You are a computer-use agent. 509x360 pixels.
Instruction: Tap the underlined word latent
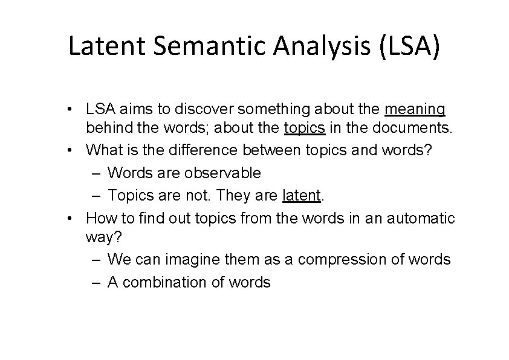click(301, 195)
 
